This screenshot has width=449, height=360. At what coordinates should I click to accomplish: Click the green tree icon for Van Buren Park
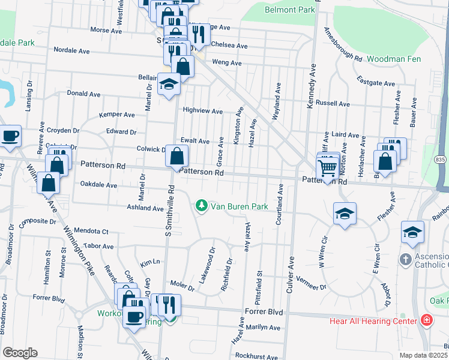coord(202,206)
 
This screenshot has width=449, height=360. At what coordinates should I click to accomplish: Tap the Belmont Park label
coord(290,10)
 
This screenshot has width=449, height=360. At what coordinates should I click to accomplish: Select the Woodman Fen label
coord(393,59)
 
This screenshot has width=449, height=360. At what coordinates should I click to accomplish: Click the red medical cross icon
coord(426,321)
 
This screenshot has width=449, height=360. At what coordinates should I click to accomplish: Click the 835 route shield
coord(441,159)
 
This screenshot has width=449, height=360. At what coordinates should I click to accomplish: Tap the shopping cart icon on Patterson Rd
coord(327,169)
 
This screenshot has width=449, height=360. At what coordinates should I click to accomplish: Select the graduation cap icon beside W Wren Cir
coord(345,214)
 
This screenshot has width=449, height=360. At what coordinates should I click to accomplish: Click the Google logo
coord(19,353)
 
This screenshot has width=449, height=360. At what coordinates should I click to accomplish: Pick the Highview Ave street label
coord(202,111)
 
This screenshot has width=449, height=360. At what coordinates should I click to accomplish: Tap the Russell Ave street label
coord(333,103)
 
